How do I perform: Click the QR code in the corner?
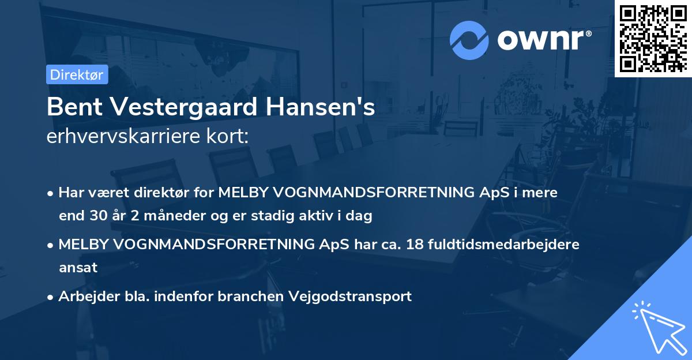click(653, 38)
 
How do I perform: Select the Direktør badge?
click(77, 74)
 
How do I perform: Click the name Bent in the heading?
click(70, 107)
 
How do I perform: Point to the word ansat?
click(78, 268)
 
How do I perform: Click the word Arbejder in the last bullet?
click(84, 297)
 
